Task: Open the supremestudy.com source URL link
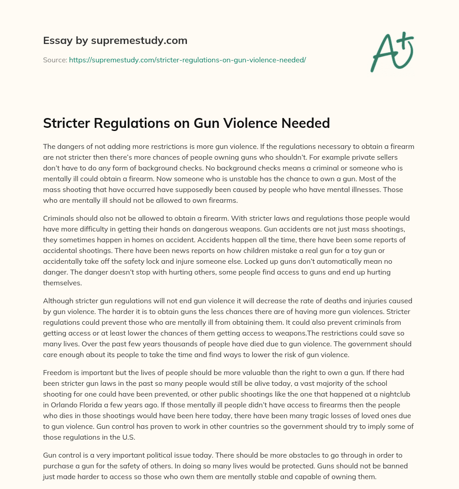[x=187, y=59]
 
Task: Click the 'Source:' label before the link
[x=55, y=59]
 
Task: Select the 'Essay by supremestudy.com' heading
[x=115, y=41]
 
